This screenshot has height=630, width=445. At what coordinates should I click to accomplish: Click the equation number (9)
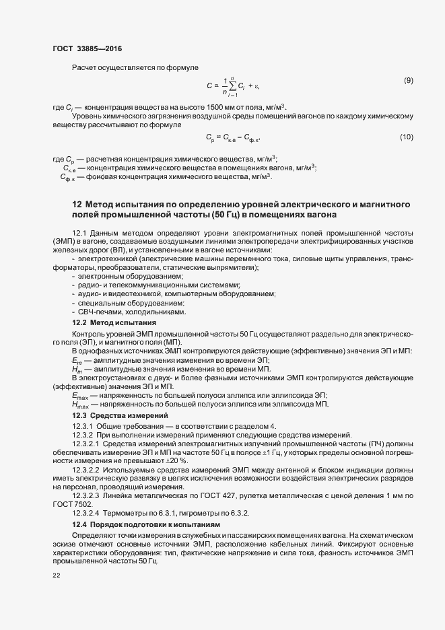point(408,81)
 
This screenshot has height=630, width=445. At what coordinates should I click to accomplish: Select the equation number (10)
point(406,137)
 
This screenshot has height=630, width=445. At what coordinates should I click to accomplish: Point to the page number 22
point(56,575)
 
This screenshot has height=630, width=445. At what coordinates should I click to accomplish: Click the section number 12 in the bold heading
point(76,203)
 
